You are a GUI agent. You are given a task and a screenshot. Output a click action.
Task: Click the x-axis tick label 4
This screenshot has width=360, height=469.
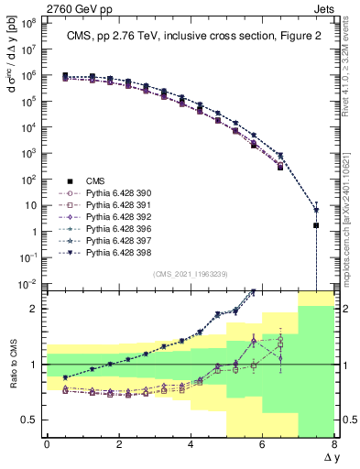[x=191, y=444]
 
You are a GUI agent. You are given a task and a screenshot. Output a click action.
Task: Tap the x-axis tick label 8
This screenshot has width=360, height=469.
[x=334, y=444]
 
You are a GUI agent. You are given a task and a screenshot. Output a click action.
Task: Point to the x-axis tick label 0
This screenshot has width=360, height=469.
[x=47, y=444]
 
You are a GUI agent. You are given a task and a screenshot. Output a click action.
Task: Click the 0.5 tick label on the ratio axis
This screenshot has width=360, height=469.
[x=32, y=420]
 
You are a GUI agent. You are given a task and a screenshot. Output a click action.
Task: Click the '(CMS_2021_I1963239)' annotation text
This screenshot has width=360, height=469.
[x=191, y=274]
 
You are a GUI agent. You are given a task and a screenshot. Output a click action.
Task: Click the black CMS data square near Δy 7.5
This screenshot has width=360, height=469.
[x=316, y=224]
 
